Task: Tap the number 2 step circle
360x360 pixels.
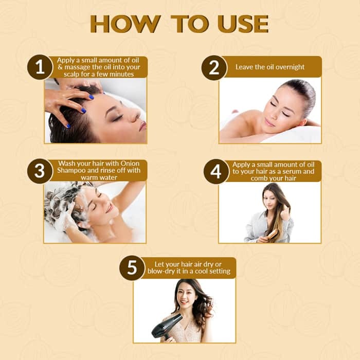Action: click(214, 67)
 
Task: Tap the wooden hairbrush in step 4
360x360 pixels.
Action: click(272, 235)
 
